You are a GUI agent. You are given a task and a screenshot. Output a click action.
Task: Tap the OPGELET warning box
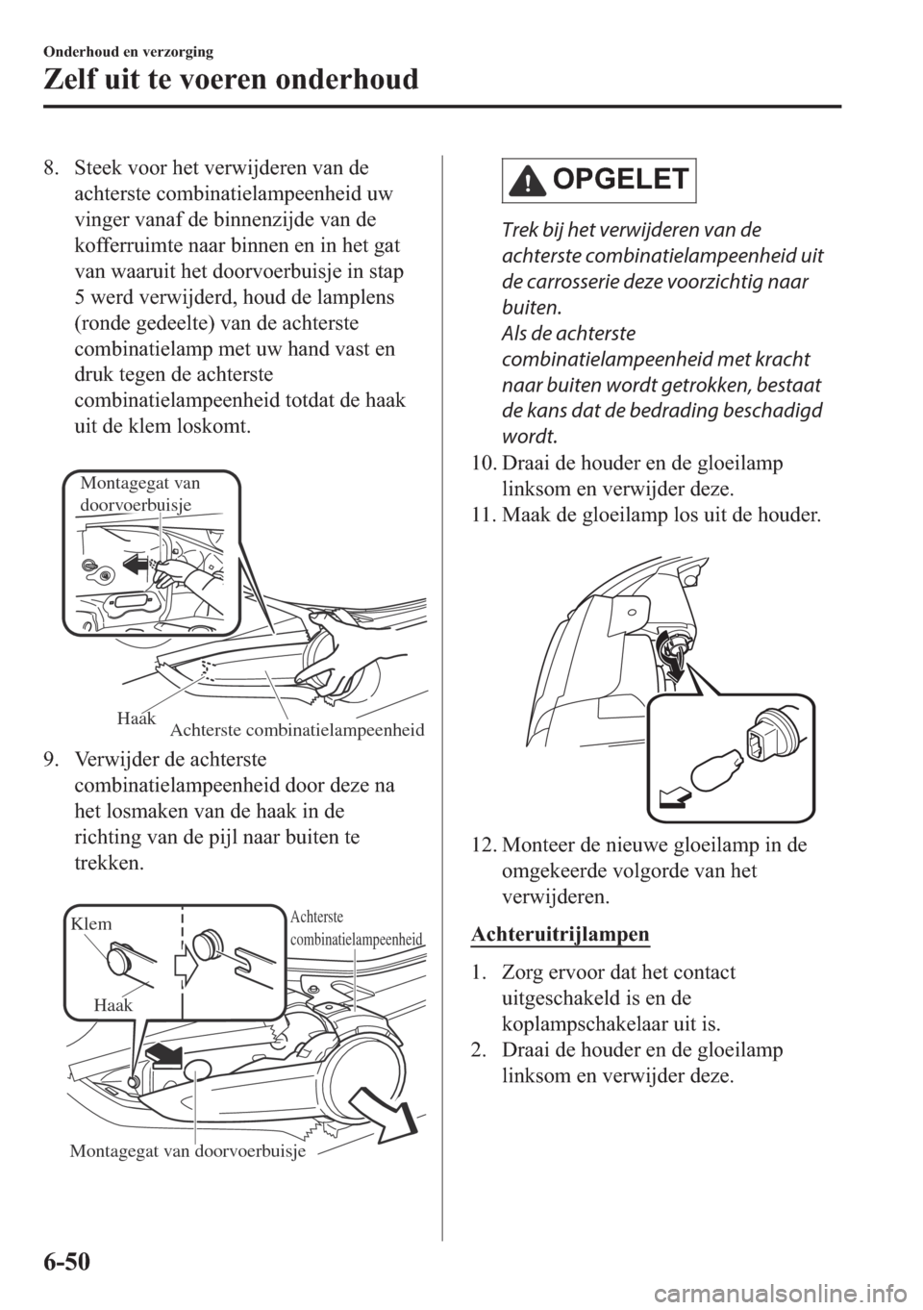(598, 180)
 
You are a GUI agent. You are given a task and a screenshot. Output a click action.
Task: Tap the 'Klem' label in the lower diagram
(91, 923)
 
